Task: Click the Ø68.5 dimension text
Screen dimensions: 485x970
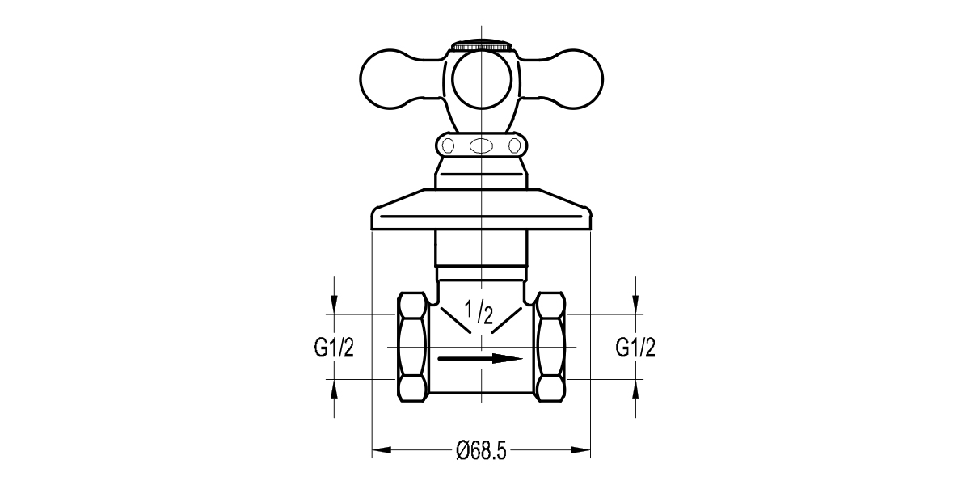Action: (481, 450)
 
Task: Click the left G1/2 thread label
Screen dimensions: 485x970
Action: (334, 348)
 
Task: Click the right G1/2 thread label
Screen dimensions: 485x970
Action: (635, 348)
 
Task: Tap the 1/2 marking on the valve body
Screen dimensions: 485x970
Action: (477, 312)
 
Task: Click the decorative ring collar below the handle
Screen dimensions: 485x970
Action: (481, 145)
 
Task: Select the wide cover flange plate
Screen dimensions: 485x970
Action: (481, 211)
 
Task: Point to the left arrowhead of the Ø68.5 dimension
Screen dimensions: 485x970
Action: (380, 450)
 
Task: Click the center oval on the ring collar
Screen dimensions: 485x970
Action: (481, 146)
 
